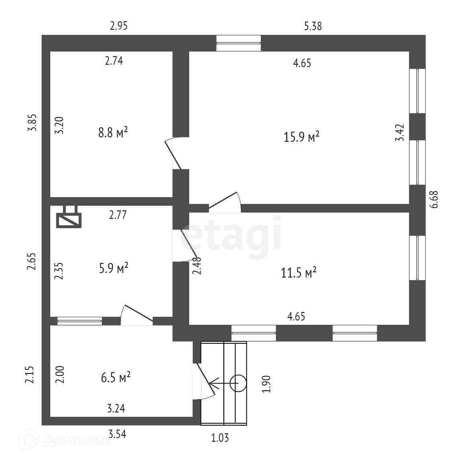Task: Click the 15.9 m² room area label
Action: coord(302,137)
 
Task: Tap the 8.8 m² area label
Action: coord(113,133)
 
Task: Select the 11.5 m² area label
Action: coord(299,273)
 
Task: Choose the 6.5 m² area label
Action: coord(116,377)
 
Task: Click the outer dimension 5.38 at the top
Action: coord(313,27)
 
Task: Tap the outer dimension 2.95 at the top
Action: coord(119,27)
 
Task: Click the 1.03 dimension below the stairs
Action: coord(220,438)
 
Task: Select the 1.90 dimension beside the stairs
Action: coord(267,384)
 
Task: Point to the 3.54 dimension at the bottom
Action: coord(117,434)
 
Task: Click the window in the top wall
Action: coord(239,43)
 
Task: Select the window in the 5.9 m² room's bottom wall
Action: coord(80,320)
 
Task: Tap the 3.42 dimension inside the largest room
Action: coord(400,133)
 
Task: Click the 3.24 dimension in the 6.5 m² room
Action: coord(116,409)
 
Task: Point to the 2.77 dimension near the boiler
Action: coord(118,215)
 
